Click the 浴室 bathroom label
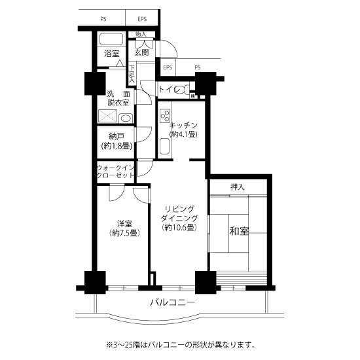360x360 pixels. [x=112, y=54]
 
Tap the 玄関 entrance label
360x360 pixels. [x=143, y=53]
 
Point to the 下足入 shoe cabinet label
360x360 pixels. [x=132, y=73]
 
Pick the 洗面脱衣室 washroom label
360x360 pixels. [x=118, y=98]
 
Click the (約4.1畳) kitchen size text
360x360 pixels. [x=183, y=134]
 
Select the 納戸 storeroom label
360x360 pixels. [x=117, y=136]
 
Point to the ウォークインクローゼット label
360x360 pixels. [x=117, y=172]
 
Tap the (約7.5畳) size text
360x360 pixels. [x=122, y=232]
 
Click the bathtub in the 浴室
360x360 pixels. [x=112, y=37]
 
